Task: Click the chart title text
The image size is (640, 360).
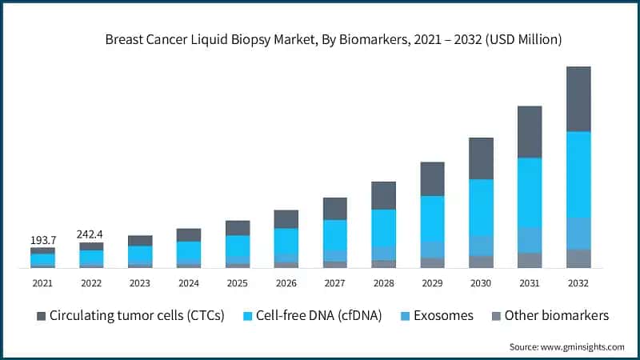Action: (334, 38)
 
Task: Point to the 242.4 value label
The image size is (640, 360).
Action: (91, 234)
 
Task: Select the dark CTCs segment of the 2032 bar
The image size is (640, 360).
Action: (590, 99)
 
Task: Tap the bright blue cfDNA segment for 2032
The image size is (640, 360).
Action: (590, 174)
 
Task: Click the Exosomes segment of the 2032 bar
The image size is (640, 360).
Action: (590, 233)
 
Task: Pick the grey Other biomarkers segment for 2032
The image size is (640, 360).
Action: (590, 258)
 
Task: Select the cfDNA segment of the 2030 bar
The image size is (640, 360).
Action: (481, 207)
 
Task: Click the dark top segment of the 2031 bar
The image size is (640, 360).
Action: (530, 132)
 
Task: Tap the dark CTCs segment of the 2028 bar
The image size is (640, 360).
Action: (383, 195)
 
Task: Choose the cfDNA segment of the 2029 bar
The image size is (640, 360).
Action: (432, 218)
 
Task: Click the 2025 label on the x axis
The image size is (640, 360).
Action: (238, 282)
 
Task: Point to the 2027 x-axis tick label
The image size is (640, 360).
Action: (334, 282)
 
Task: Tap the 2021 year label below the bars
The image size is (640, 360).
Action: (42, 282)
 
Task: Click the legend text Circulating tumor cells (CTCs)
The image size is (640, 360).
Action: (137, 315)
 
